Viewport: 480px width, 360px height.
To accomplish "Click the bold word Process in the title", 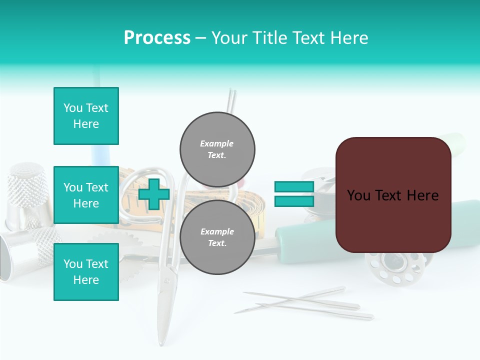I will click(x=157, y=38).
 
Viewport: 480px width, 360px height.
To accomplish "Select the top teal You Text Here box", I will click(x=86, y=116).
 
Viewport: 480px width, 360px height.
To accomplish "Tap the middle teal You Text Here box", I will click(x=86, y=195).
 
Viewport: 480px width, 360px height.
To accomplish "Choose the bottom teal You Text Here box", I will click(x=86, y=272).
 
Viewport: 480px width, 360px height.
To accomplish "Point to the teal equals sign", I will click(x=294, y=194).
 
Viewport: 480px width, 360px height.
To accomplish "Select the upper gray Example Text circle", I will click(x=217, y=149).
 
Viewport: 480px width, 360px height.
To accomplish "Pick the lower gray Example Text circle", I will click(x=217, y=237).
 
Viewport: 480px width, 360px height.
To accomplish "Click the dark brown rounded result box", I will click(x=393, y=195).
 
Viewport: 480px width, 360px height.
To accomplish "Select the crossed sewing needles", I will click(x=305, y=302).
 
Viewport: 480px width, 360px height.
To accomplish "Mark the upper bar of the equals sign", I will click(x=294, y=187).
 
